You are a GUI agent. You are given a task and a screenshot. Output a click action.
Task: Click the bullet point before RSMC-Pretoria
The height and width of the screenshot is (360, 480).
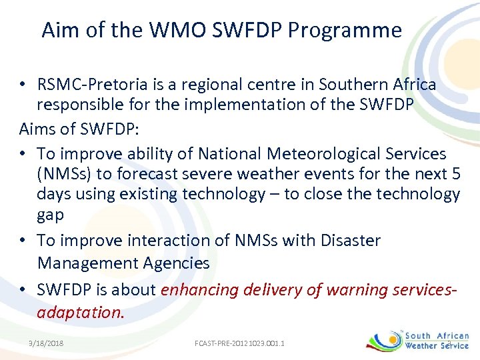22,85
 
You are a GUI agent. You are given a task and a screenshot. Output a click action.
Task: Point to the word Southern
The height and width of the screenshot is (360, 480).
352,85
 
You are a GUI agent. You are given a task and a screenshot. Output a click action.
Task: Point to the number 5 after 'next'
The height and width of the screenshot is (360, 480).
455,174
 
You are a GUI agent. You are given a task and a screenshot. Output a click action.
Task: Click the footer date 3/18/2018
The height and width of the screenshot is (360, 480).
46,343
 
